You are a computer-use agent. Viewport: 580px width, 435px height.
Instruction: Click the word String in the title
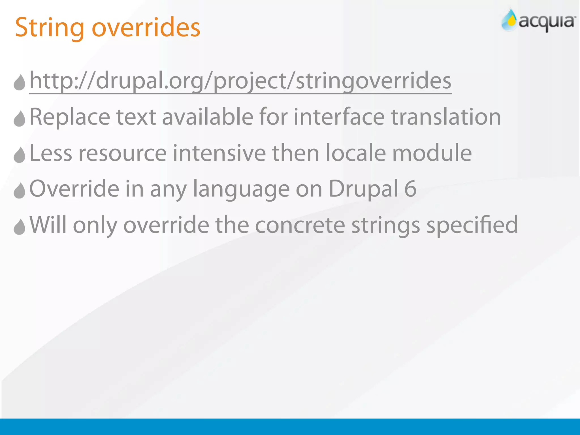pos(50,28)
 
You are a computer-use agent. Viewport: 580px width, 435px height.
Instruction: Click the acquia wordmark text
pos(547,22)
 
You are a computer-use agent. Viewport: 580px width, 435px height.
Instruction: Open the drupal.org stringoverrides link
pos(240,81)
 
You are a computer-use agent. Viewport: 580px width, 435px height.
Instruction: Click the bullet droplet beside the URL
pos(20,82)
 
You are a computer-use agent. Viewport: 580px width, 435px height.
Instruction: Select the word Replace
pos(70,117)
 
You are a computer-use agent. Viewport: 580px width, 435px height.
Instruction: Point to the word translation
pos(446,117)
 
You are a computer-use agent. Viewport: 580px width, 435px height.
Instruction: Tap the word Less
pos(51,153)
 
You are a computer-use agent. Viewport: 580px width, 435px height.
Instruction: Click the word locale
pos(356,153)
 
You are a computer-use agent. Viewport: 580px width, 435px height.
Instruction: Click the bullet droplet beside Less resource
pos(20,155)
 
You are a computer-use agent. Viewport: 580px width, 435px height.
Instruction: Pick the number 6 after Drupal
pos(410,189)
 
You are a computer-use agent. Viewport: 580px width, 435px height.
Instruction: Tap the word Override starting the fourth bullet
pos(74,189)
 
